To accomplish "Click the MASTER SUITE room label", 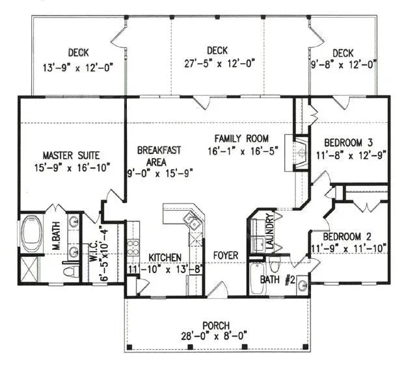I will coord(71,155).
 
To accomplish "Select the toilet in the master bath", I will coord(70,270).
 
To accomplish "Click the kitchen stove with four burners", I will coord(133,247).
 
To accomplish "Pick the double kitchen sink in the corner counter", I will coord(193,221).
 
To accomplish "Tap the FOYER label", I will coord(226,256).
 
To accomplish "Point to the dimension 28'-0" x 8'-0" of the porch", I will coord(215,336).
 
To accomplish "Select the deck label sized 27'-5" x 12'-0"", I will coord(217,63).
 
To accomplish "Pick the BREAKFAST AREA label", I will coord(159,155).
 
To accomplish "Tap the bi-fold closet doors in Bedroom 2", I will coord(368,207).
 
